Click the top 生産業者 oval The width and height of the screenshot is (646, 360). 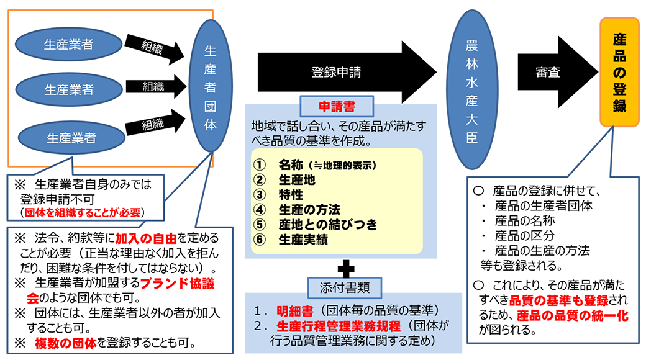point(68,44)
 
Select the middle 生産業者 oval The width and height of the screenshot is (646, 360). point(68,89)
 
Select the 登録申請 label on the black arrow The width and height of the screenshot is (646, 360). point(336,72)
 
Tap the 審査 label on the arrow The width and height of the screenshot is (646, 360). point(548,73)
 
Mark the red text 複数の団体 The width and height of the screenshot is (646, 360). point(66,342)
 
